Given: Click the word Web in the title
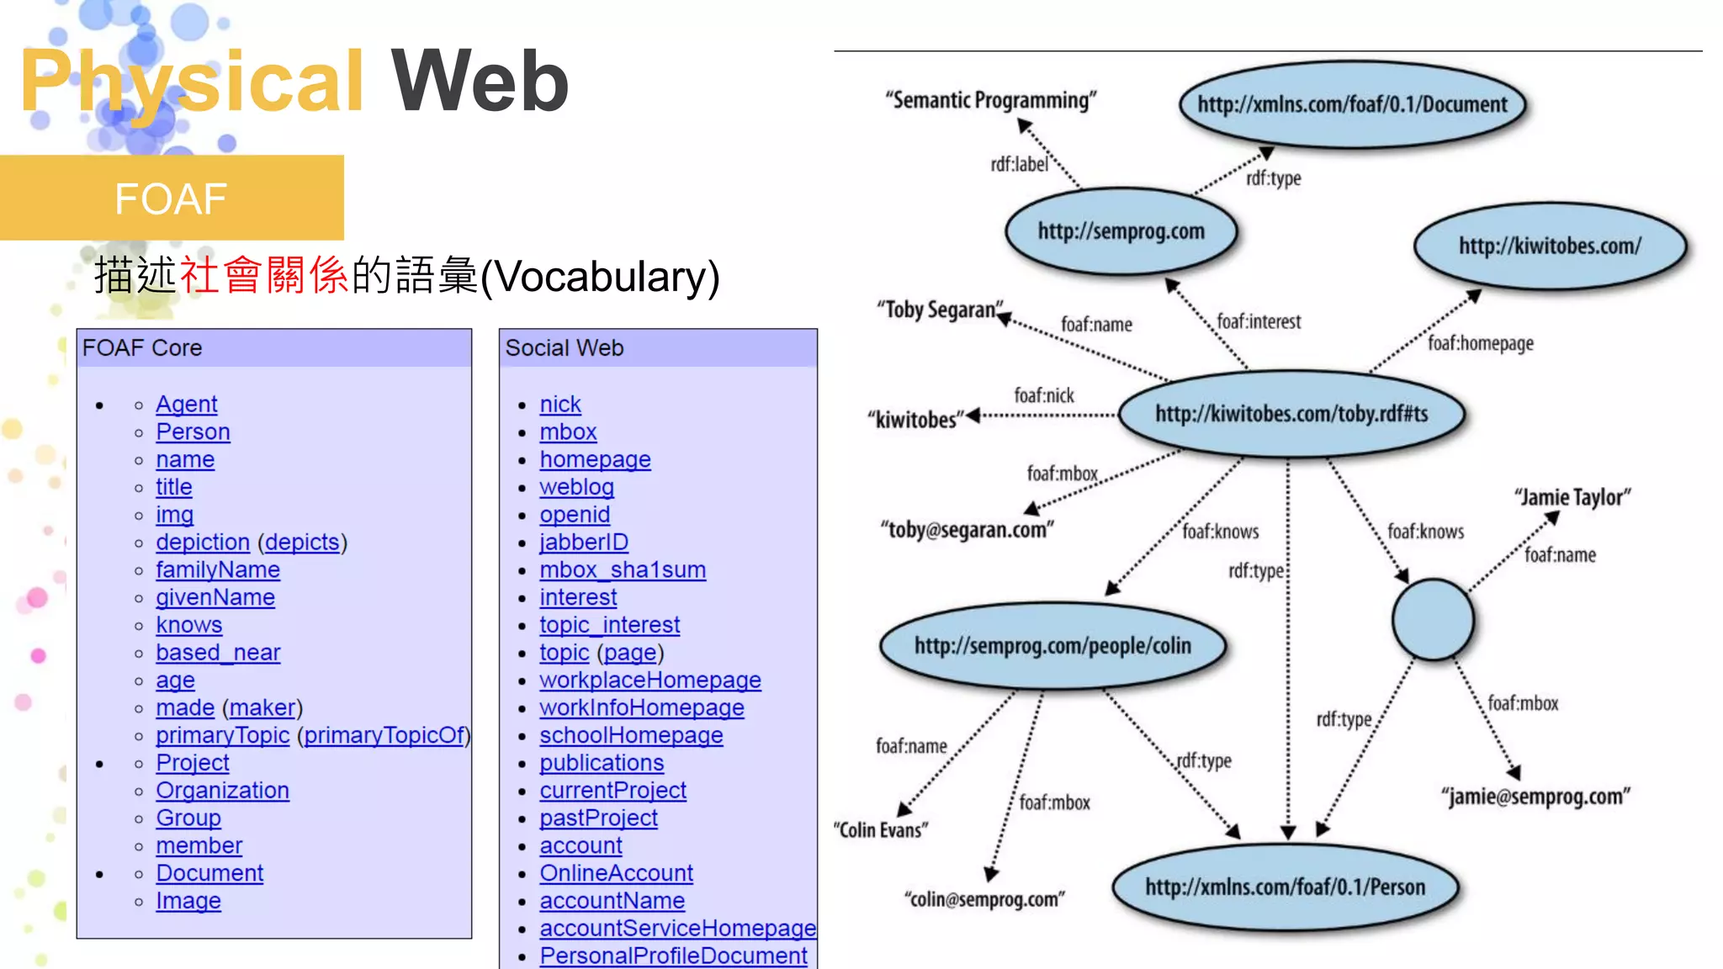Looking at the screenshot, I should point(480,82).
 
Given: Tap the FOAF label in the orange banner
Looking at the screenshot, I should point(171,199).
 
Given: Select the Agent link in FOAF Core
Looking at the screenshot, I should point(186,405).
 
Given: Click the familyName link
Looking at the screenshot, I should point(217,570).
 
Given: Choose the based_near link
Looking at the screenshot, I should point(218,653).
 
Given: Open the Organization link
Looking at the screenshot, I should point(222,791).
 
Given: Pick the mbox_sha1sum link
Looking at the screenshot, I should point(623,570).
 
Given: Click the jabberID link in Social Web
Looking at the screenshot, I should point(584,543).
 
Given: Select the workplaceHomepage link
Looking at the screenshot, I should point(649,680).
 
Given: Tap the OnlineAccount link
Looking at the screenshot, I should point(616,873).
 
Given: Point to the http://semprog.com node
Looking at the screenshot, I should point(1121,231).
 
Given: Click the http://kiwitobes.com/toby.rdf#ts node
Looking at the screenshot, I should point(1291,414).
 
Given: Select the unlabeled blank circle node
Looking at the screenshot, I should point(1433,620).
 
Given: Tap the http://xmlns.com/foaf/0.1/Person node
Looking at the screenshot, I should point(1285,887).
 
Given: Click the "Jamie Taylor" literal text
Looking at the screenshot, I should point(1572,498).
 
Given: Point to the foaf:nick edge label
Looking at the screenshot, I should point(1043,395).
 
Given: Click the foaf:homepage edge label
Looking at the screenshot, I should point(1480,343).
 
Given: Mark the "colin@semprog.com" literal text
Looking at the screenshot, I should point(984,900).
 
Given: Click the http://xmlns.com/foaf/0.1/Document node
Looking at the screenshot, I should point(1352,105).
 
